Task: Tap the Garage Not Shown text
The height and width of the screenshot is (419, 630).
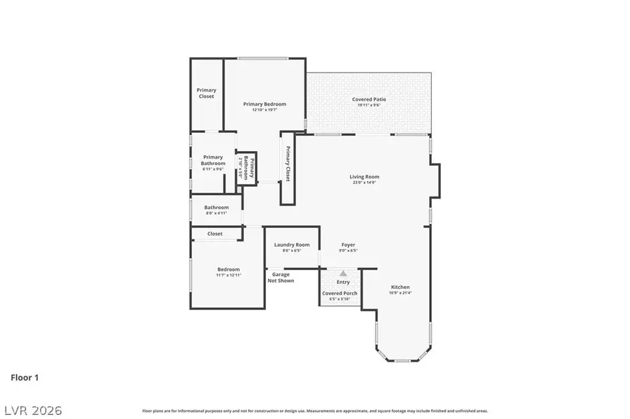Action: [283, 278]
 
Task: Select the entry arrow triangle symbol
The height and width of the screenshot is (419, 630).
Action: [343, 274]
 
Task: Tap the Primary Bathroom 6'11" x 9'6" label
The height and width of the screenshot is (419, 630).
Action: [213, 160]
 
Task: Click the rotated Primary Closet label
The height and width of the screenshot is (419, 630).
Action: [287, 164]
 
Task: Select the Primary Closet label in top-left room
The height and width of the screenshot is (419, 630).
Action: [206, 93]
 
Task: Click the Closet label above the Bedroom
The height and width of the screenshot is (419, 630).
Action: [215, 234]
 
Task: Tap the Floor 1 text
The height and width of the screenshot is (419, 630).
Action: [24, 378]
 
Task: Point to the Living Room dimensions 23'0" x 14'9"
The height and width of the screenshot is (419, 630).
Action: [364, 183]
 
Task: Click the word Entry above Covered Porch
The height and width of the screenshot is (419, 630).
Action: [343, 282]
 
